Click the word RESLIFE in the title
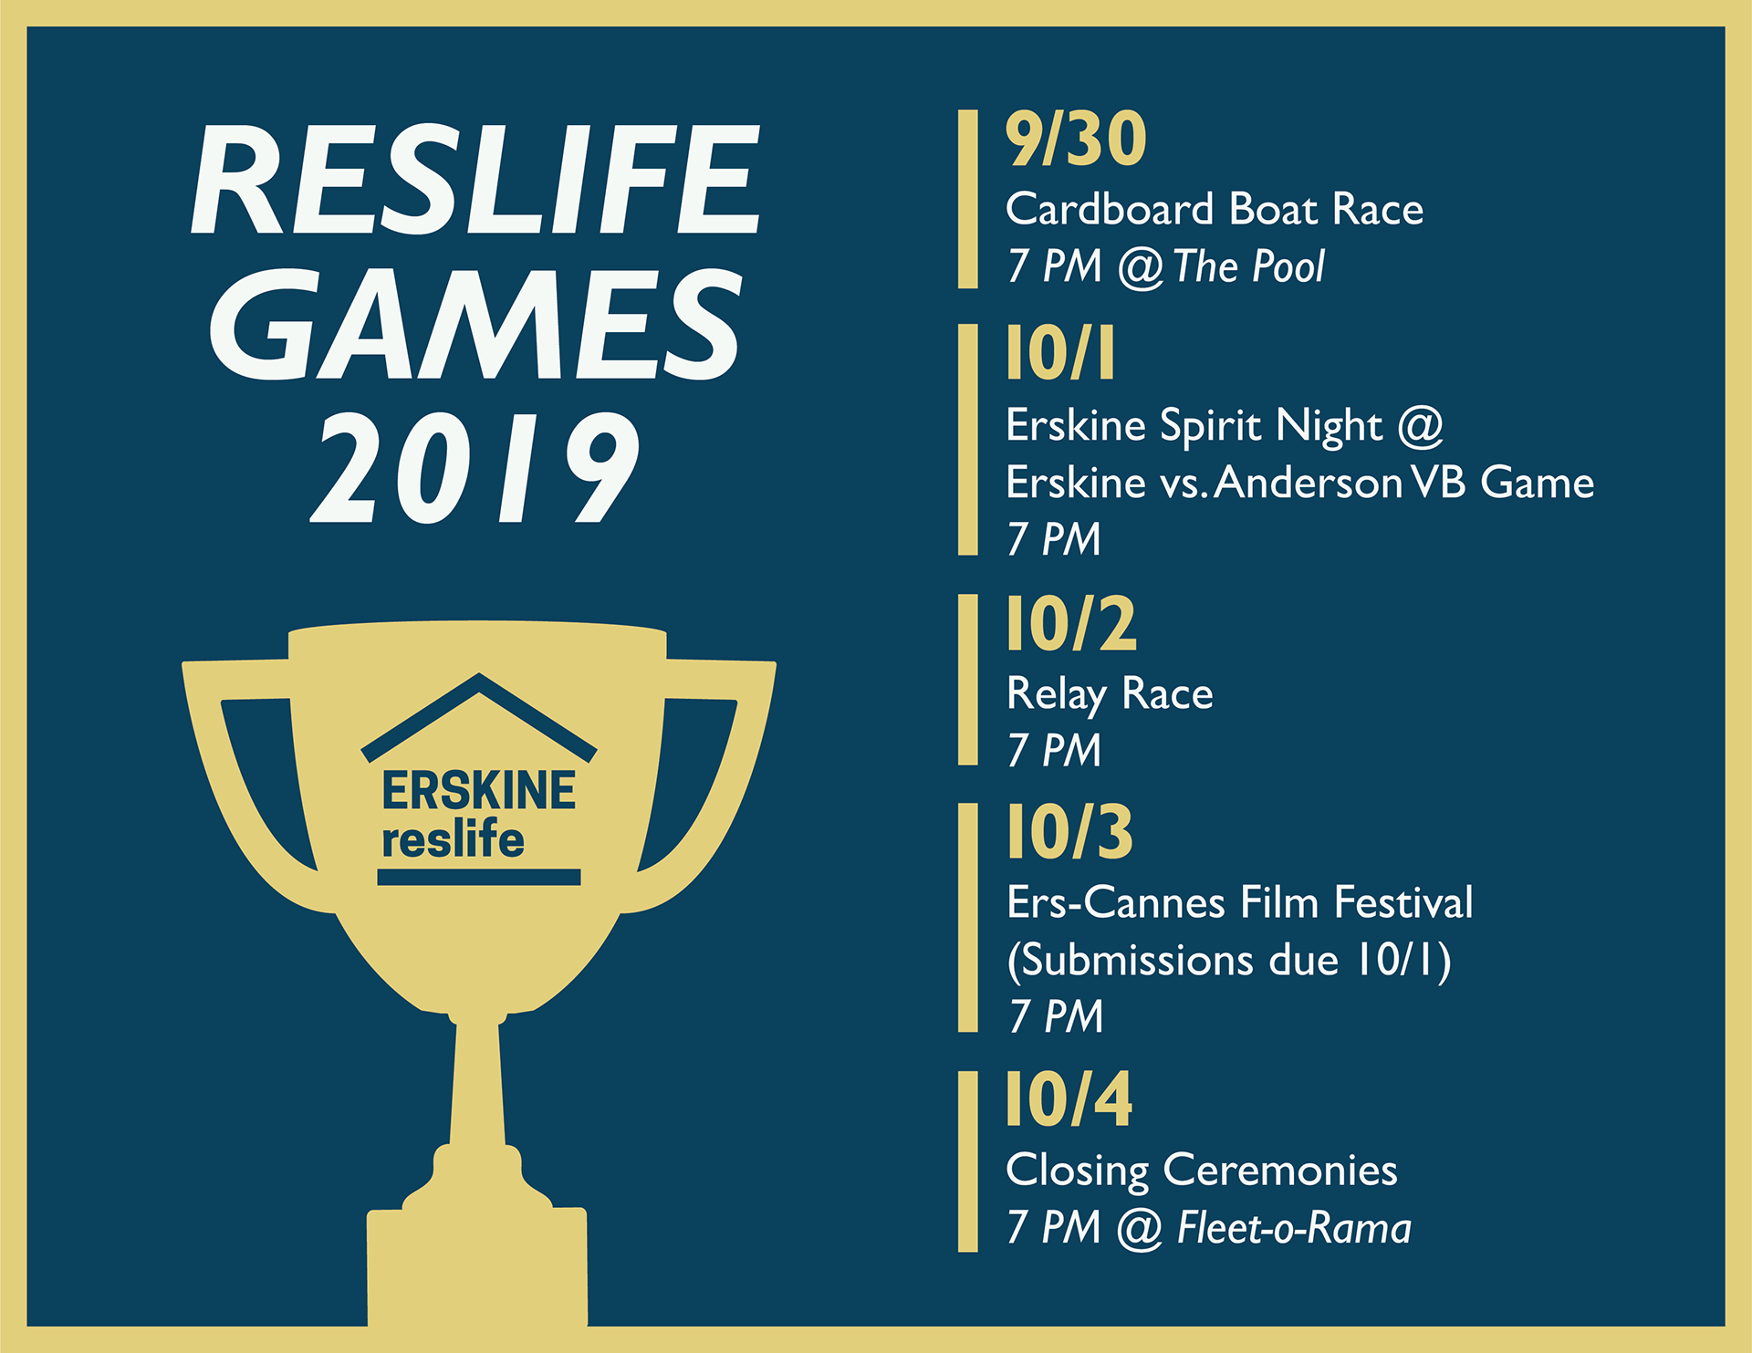tap(475, 180)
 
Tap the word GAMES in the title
tap(475, 324)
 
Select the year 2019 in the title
tap(474, 467)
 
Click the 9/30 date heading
tap(1076, 139)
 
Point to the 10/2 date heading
tap(1071, 624)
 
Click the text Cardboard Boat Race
tap(1215, 209)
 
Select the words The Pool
tap(1248, 266)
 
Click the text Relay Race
tap(1110, 695)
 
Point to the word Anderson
tap(1308, 483)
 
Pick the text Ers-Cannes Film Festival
tap(1239, 902)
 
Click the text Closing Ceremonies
tap(1201, 1171)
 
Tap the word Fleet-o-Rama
tap(1294, 1227)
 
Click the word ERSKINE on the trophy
tap(479, 790)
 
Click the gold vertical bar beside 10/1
tap(967, 439)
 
